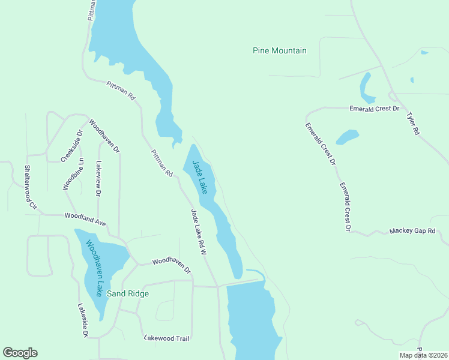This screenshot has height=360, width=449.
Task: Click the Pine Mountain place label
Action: [280, 51]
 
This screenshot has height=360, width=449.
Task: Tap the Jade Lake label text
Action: [200, 177]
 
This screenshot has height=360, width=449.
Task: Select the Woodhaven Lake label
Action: [94, 268]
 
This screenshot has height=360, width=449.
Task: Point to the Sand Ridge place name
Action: [127, 294]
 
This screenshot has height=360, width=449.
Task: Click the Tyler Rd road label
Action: [412, 124]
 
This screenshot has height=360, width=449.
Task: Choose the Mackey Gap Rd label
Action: [412, 231]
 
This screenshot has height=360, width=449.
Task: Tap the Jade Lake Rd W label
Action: [199, 232]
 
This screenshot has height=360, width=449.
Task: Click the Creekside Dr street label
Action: [71, 146]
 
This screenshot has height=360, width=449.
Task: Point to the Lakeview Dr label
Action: [98, 178]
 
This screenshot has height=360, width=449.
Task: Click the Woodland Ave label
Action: [86, 219]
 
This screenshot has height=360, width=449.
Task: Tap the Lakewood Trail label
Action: [167, 338]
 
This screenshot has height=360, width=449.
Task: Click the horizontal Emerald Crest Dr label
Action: [375, 109]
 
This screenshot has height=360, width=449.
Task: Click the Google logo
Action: [20, 353]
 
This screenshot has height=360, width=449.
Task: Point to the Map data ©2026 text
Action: [423, 355]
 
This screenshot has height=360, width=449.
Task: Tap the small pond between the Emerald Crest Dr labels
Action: [347, 137]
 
